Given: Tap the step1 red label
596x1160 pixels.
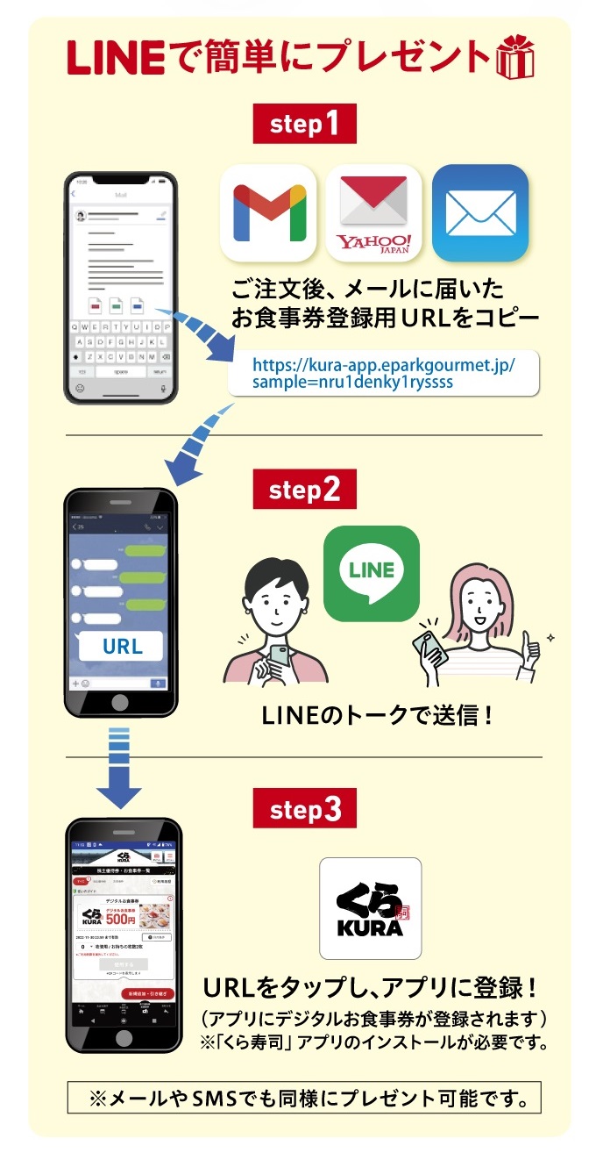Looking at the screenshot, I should pos(304,124).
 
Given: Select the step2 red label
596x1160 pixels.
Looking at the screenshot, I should pos(304,490).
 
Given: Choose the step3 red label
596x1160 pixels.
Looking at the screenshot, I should pos(304,809).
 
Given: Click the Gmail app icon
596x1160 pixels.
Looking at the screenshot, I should pos(268,212).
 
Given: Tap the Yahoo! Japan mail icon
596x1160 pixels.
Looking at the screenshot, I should pos(373,212).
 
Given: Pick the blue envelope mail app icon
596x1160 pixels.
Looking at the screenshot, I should pos(480,212).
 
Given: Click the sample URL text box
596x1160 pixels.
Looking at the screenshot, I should pos(383,372).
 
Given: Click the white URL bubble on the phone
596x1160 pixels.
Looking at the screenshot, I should pos(122,648).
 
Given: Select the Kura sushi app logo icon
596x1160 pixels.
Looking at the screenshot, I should pos(370,908).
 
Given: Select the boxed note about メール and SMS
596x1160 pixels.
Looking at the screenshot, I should pos(303,1098).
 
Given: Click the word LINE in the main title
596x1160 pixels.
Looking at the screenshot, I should pos(115,57).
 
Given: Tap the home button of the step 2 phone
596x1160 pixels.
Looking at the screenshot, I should pos(121,703).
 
